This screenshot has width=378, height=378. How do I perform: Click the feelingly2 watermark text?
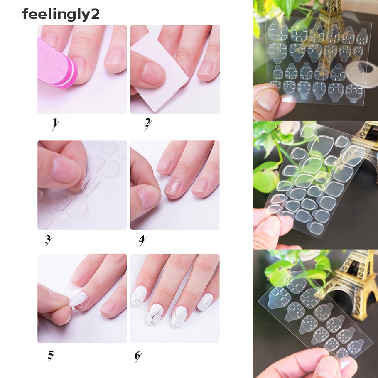pyautogui.click(x=61, y=14)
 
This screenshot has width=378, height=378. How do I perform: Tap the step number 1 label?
pyautogui.click(x=55, y=123)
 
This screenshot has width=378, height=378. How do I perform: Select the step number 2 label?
pyautogui.click(x=148, y=123)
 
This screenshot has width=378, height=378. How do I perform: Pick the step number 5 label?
pyautogui.click(x=51, y=355)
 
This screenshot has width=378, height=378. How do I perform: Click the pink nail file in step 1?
pyautogui.click(x=55, y=63)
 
